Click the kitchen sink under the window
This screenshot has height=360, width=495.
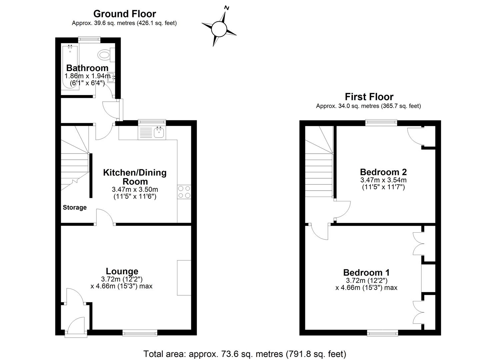159,133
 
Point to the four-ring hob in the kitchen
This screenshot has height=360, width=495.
184,192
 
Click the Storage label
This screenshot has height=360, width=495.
75,207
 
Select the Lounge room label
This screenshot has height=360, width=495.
122,271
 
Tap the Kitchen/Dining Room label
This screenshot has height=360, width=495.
135,177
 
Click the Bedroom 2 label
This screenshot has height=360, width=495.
383,172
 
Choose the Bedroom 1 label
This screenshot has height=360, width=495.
366,272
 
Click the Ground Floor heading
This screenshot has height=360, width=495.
124,14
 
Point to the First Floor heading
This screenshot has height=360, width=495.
369,97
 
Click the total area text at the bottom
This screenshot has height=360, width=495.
245,354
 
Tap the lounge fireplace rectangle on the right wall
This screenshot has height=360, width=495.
184,278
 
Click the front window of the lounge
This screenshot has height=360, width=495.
140,332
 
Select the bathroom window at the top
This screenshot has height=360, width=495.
89,39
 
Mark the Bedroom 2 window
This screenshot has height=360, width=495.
381,123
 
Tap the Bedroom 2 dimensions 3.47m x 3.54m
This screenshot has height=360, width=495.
383,180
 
